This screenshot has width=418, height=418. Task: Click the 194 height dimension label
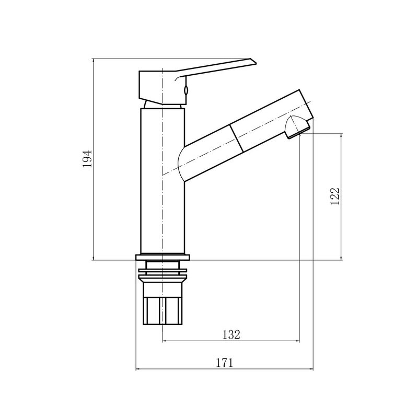click(x=87, y=159)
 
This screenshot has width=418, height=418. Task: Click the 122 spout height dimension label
click(x=335, y=196)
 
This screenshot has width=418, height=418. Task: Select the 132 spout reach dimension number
click(x=231, y=334)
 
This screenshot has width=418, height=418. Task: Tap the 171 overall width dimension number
click(x=224, y=363)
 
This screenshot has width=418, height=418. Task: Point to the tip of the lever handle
click(x=256, y=63)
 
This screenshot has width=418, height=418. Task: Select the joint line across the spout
click(x=237, y=138)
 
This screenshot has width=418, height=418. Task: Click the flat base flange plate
click(x=162, y=257)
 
